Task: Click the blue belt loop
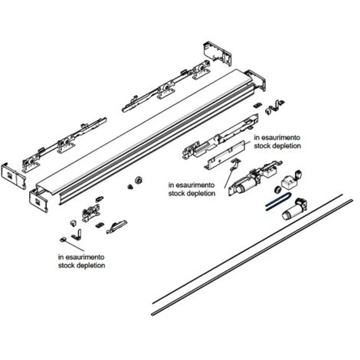(278, 201)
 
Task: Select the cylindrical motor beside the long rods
(294, 209)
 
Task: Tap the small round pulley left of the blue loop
(277, 190)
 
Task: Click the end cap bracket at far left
(13, 176)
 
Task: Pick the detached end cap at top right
(218, 53)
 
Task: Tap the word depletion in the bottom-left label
(90, 266)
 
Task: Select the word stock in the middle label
(176, 193)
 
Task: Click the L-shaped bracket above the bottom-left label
(77, 234)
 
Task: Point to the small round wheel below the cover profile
(139, 180)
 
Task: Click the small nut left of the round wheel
(130, 187)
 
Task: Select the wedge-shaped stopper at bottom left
(116, 227)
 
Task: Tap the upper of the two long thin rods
(247, 249)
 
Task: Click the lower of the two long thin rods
(252, 257)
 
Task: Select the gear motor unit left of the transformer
(245, 182)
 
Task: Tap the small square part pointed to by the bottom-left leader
(63, 240)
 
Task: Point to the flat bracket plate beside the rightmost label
(224, 155)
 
